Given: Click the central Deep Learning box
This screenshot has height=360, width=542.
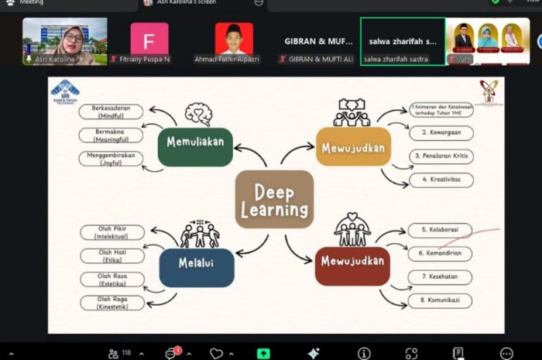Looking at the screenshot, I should (274, 199).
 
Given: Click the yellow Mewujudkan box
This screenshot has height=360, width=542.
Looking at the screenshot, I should (353, 147).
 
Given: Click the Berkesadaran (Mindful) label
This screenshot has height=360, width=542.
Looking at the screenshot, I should (111, 111).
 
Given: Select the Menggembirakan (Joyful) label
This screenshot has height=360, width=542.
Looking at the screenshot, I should (111, 159).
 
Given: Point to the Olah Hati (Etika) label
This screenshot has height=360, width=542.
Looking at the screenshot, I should (112, 255).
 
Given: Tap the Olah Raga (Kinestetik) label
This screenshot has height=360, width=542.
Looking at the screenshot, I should (112, 302).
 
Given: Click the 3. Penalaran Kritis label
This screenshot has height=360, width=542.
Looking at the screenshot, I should (441, 156).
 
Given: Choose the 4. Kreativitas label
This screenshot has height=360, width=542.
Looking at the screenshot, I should (441, 180).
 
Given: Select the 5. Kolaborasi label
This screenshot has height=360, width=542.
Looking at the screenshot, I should (440, 230).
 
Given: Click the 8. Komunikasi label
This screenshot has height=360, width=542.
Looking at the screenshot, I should (440, 300).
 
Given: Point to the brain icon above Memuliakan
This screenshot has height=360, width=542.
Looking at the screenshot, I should (197, 115).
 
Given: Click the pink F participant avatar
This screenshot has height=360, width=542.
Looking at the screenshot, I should (149, 39).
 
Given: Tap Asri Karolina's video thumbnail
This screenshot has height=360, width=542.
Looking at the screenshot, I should (64, 42).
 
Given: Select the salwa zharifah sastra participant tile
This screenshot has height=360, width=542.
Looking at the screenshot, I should (402, 42).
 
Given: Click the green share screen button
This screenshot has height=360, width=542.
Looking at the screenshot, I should (263, 353).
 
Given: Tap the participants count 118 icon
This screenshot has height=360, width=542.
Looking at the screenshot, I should (118, 353).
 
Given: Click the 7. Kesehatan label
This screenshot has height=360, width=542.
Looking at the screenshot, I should (440, 276).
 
